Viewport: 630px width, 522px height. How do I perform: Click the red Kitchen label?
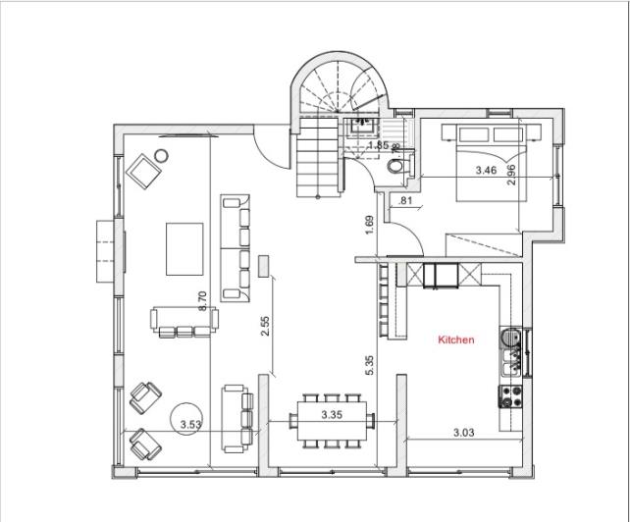point(455,340)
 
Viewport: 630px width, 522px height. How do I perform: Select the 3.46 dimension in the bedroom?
point(486,170)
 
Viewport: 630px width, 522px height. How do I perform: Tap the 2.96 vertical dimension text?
point(510,174)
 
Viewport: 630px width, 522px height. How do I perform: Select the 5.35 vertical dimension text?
point(369,365)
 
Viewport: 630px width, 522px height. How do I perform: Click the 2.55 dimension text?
point(265,327)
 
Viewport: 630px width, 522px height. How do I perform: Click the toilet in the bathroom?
point(394,166)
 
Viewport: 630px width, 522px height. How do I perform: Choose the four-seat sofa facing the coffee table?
point(236,248)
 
